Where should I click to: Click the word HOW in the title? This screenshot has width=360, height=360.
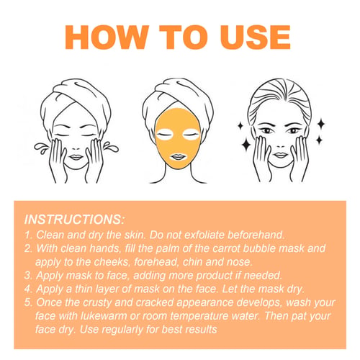pyautogui.click(x=107, y=37)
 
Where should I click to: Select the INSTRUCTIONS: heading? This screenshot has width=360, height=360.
pyautogui.click(x=74, y=220)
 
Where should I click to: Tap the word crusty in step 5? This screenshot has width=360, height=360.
pyautogui.click(x=97, y=303)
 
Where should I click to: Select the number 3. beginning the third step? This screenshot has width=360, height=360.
pyautogui.click(x=28, y=275)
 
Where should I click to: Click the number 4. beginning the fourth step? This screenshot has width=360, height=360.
pyautogui.click(x=28, y=289)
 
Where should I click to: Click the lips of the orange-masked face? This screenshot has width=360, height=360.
pyautogui.click(x=178, y=157)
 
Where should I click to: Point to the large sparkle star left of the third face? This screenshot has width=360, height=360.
pyautogui.click(x=246, y=144)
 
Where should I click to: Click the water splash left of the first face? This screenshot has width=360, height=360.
pyautogui.click(x=41, y=148)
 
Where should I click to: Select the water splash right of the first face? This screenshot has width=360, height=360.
pyautogui.click(x=111, y=147)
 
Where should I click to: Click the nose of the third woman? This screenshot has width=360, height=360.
pyautogui.click(x=280, y=144)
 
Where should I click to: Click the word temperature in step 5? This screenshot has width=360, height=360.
pyautogui.click(x=199, y=316)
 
